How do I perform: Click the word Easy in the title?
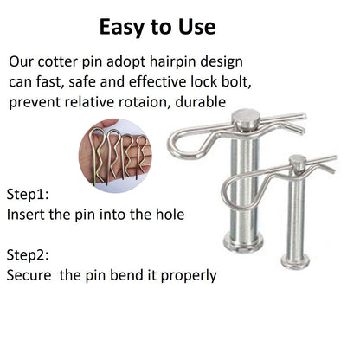123,27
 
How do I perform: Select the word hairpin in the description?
173,62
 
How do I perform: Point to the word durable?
201,102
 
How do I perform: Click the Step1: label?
28,194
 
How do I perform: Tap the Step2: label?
28,254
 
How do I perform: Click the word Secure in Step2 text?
29,275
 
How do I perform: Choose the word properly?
189,276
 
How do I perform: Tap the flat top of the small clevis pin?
298,159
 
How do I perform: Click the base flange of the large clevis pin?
243,241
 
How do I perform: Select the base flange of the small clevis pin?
295,260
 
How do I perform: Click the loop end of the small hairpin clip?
225,190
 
